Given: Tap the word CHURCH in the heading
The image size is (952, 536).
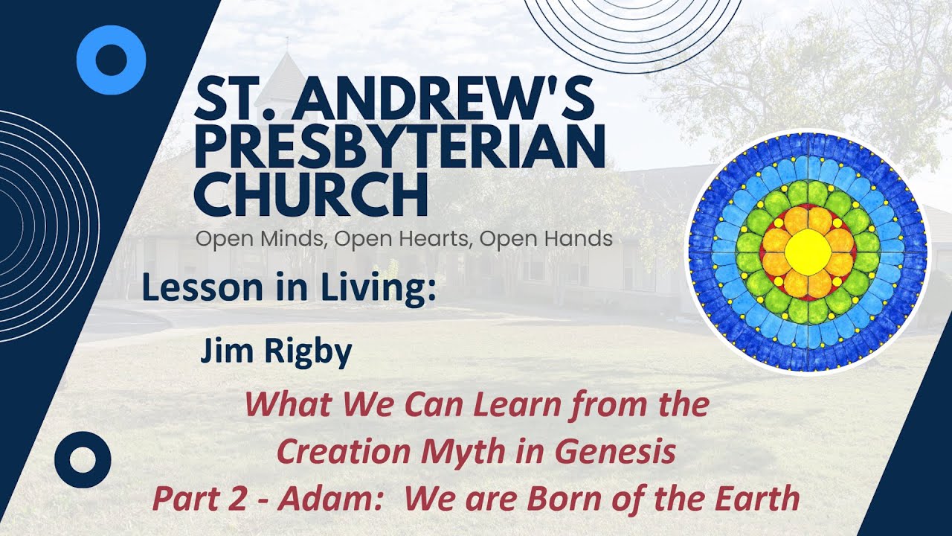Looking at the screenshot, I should (310, 194).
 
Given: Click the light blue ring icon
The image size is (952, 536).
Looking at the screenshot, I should (112, 60).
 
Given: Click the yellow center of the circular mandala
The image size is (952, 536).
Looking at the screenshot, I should (808, 252).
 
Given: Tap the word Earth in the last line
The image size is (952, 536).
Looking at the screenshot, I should (759, 499).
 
